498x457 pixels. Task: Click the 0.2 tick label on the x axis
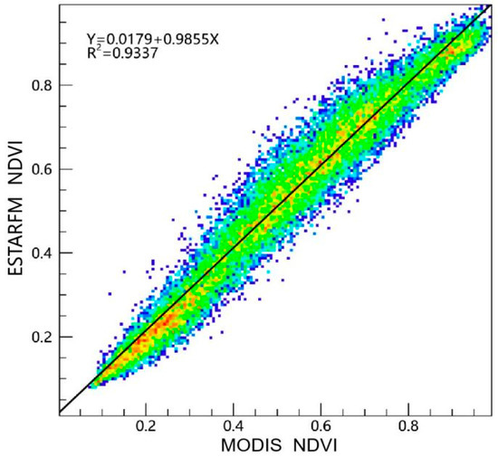pyautogui.click(x=147, y=424)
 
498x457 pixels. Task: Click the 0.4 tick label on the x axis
pyautogui.click(x=235, y=424)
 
